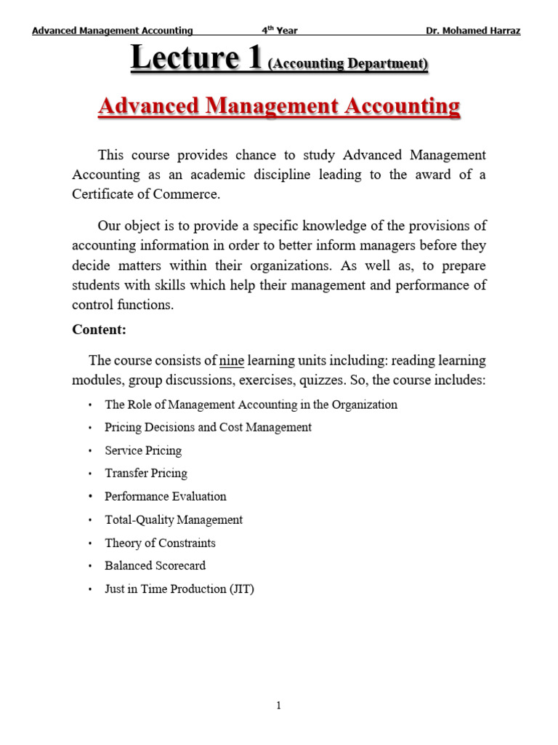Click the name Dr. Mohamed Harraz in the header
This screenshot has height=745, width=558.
(x=472, y=31)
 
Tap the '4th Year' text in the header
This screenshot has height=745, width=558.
(x=280, y=31)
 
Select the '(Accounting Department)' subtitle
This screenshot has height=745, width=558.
(x=348, y=64)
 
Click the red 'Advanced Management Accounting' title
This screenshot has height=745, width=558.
(x=279, y=106)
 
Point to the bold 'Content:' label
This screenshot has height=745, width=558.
(x=100, y=330)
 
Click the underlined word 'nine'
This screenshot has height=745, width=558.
(x=232, y=360)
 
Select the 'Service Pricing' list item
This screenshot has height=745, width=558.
(x=143, y=450)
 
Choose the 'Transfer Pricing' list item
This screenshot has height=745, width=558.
(x=145, y=473)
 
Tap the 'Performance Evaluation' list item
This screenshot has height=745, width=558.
(x=165, y=496)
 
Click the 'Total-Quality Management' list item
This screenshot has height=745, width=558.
(x=174, y=519)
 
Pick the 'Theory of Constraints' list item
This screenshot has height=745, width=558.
(x=160, y=543)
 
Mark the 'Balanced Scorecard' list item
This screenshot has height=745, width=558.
(x=155, y=565)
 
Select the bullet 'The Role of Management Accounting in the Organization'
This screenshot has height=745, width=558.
(x=251, y=405)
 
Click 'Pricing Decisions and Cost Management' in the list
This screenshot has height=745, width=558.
(x=208, y=427)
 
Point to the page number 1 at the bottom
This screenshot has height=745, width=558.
(x=278, y=705)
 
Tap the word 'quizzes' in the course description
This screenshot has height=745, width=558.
(x=336, y=381)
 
